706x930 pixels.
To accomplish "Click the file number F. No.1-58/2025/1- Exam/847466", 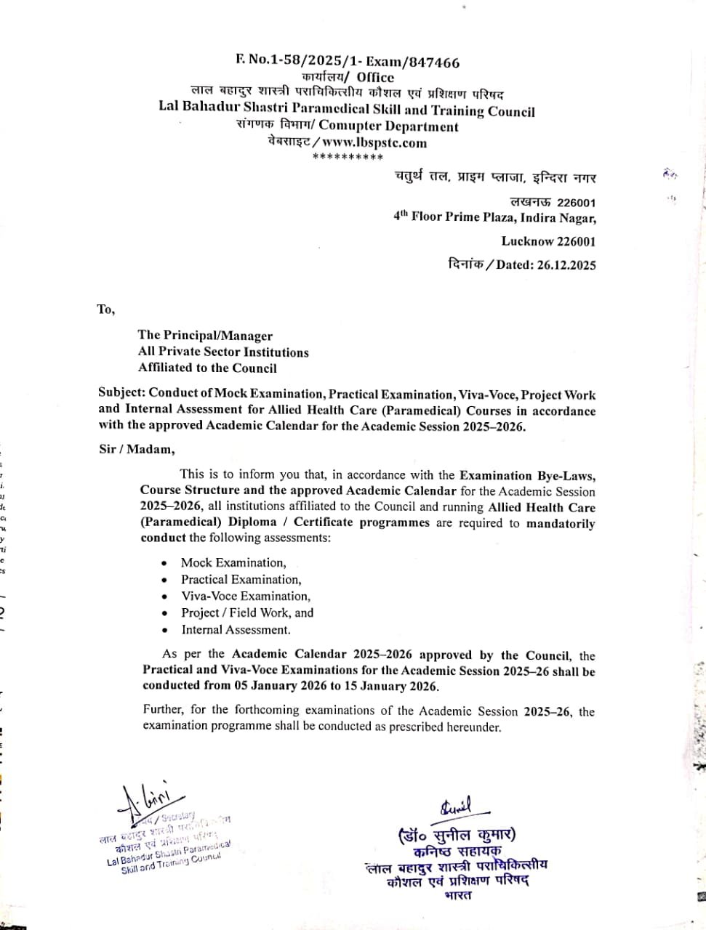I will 348,62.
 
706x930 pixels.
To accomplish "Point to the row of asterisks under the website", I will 348,157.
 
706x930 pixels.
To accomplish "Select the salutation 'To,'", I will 106,310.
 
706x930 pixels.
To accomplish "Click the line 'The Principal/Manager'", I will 205,336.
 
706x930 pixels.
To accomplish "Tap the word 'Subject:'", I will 121,395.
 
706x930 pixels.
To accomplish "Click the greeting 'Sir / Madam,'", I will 137,449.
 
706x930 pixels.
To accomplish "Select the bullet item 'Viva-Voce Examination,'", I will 246,596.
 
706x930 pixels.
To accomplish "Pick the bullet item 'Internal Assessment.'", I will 236,630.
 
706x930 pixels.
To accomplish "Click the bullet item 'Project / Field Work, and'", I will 247,612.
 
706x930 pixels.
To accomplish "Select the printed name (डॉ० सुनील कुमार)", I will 457,836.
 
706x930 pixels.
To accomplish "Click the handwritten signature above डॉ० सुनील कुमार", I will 455,806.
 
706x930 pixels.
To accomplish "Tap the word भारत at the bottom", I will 457,896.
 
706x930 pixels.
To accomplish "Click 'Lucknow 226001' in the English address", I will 548,241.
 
